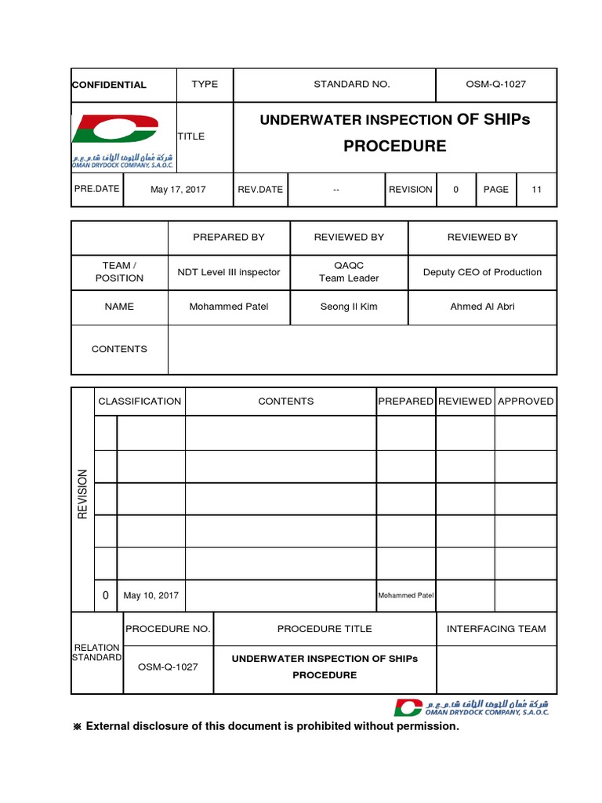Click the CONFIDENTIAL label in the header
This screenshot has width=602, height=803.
[x=109, y=85]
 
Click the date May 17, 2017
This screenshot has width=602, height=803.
[x=177, y=189]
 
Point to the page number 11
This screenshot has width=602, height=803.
[x=537, y=189]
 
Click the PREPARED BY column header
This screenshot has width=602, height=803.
[x=229, y=237]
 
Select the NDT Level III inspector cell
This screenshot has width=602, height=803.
[x=229, y=272]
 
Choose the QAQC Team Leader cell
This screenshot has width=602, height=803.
[x=349, y=272]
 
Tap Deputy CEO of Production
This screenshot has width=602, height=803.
[x=482, y=272]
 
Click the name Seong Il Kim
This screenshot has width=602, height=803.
[x=349, y=307]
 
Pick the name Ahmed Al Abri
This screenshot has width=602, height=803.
[x=482, y=307]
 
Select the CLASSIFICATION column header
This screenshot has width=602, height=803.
[x=140, y=401]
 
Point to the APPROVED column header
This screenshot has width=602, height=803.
[x=526, y=401]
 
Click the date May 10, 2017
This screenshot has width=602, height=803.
[x=151, y=595]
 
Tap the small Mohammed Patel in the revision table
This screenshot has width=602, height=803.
[x=405, y=595]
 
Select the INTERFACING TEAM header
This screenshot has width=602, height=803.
[x=496, y=629]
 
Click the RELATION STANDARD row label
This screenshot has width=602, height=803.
[x=97, y=652]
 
